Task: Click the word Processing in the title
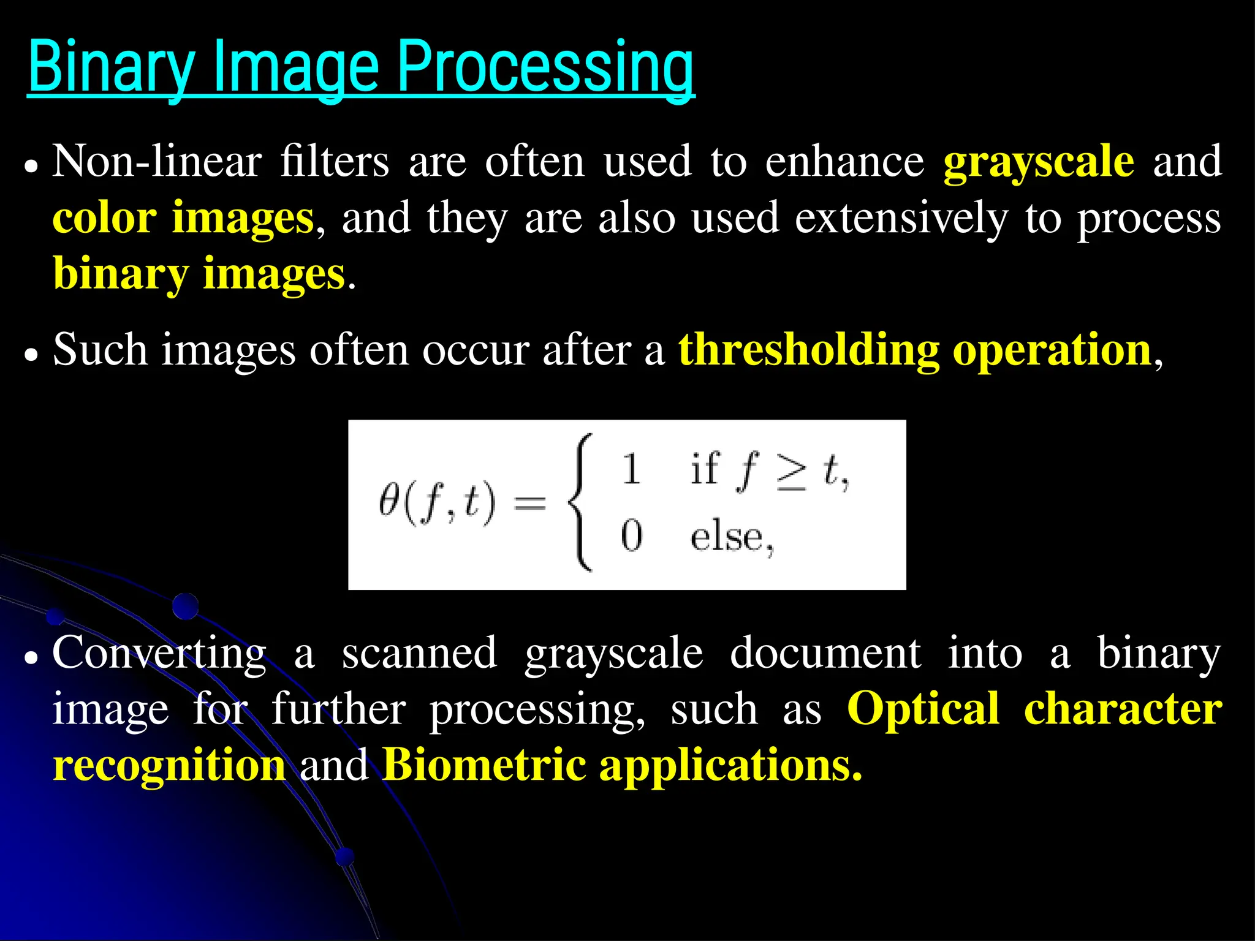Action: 545,66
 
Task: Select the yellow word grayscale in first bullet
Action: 1038,162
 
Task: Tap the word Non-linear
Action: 157,162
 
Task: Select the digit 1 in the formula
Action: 631,470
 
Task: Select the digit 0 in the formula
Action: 631,535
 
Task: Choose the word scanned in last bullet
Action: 419,653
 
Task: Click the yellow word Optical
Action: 923,709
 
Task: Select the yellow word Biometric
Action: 484,766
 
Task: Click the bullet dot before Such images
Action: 31,354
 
